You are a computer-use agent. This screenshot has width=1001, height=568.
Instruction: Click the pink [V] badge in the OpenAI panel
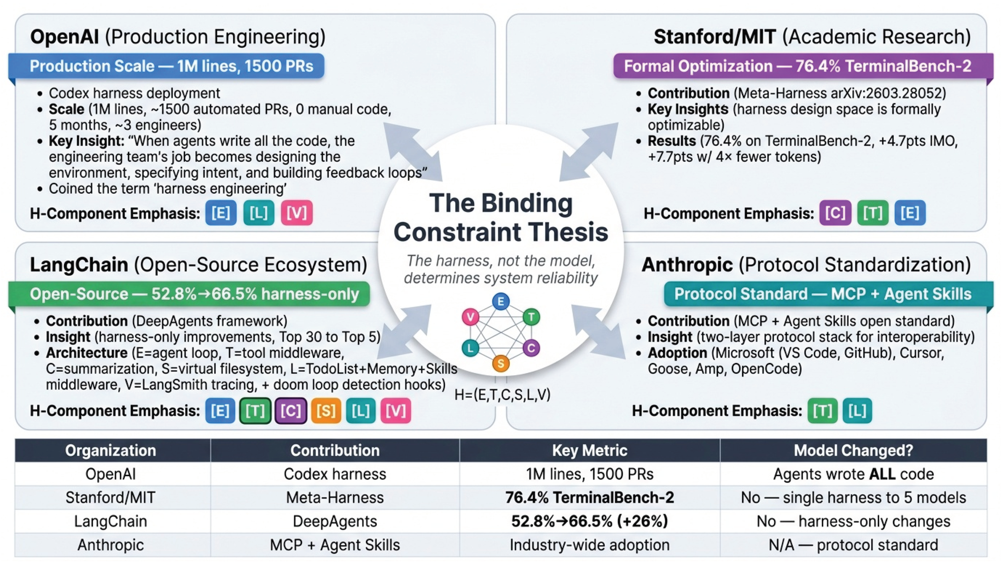(296, 213)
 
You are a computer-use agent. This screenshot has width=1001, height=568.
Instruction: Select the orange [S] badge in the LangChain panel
(326, 411)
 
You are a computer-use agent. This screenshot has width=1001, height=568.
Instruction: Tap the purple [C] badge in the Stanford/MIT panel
(835, 213)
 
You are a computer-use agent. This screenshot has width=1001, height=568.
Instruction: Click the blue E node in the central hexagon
(501, 302)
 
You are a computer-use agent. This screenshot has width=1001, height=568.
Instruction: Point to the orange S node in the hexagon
(501, 363)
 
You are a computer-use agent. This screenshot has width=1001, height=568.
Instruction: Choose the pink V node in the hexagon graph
(470, 317)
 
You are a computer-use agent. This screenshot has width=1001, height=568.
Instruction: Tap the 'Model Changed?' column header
(853, 450)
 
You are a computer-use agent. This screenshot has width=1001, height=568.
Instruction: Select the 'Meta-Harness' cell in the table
(335, 498)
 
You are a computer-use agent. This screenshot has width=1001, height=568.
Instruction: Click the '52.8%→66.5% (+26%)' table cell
(589, 521)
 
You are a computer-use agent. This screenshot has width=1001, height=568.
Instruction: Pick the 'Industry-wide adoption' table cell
(589, 545)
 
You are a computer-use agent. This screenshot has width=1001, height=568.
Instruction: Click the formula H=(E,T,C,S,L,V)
(502, 395)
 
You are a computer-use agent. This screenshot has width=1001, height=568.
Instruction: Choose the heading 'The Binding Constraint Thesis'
(501, 218)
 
